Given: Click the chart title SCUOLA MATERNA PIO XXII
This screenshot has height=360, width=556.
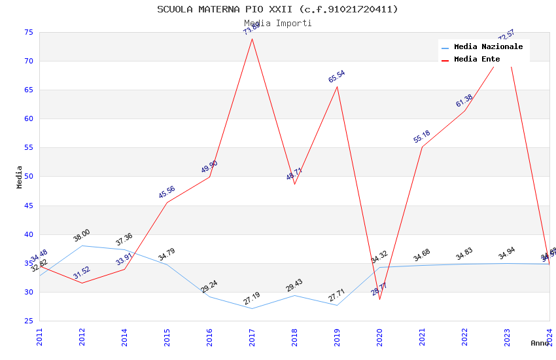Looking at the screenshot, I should [x=277, y=9].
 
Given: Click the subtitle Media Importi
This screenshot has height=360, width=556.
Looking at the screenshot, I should [x=277, y=23].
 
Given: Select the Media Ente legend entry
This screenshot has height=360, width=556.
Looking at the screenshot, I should [x=477, y=60].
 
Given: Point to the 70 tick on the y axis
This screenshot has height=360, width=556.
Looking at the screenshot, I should [x=28, y=61].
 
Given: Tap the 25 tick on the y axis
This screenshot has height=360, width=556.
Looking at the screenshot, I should [x=28, y=321].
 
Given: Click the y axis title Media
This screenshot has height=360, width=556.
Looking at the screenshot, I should [x=20, y=177].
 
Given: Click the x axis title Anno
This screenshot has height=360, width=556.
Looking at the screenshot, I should [x=540, y=343].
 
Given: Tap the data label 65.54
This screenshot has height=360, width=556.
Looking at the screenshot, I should [x=336, y=77].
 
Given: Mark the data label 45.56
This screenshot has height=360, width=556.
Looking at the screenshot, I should [x=167, y=192].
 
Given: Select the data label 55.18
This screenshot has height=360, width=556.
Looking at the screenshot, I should [x=421, y=137].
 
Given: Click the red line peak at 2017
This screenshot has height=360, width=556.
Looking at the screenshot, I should [x=252, y=39].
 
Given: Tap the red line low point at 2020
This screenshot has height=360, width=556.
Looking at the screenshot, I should [x=380, y=299].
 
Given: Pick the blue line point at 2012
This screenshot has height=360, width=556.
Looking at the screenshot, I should [x=82, y=245].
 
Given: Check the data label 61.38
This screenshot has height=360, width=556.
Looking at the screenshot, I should [x=464, y=101].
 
